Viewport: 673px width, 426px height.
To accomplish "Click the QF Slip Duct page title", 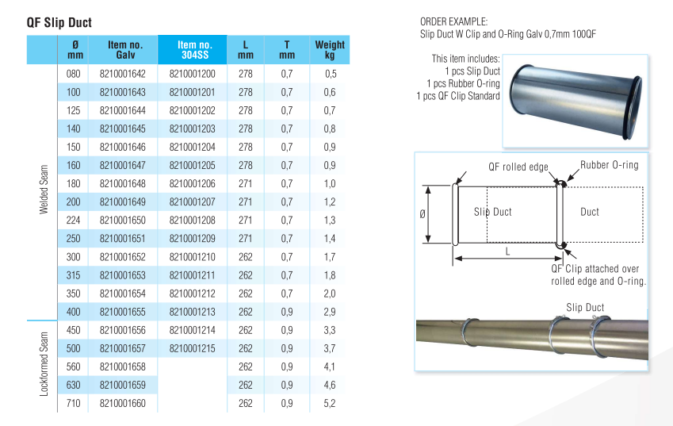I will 59,23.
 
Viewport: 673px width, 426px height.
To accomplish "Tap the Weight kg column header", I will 329,50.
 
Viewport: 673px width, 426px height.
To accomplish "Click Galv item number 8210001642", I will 123,74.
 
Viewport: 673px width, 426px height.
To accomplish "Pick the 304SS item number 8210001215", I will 193,349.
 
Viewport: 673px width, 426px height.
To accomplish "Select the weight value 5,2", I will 330,404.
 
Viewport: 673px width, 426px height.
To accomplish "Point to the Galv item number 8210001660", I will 123,404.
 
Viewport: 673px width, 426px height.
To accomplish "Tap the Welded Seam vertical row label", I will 44,190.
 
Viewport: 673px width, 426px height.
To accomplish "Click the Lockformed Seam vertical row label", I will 44,363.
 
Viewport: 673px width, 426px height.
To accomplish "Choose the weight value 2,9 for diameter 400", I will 330,312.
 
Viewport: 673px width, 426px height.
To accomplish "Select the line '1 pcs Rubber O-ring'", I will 463,83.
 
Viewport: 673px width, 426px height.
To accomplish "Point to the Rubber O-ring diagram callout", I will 608,165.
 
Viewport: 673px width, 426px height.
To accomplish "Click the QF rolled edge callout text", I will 518,167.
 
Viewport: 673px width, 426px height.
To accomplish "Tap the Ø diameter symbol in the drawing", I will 423,214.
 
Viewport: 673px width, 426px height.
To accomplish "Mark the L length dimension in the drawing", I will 507,250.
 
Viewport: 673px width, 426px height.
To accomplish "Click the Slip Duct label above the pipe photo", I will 585,307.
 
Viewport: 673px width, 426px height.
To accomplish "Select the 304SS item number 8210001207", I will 193,202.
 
